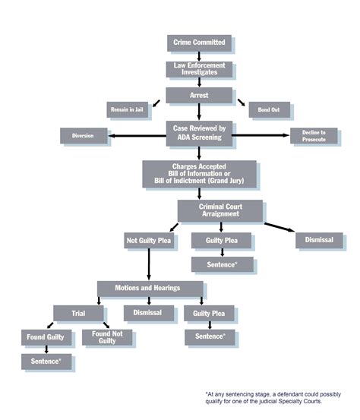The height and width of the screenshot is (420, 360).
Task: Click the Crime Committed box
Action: click(x=199, y=43)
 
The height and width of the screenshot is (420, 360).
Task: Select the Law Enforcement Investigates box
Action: click(x=199, y=70)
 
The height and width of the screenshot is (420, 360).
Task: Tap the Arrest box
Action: click(x=199, y=96)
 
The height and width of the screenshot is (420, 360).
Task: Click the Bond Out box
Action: click(x=269, y=110)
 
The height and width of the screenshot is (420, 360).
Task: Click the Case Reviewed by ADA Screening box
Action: click(x=199, y=132)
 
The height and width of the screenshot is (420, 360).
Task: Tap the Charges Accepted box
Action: click(x=199, y=174)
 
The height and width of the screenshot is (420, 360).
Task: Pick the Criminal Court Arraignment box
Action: click(x=220, y=210)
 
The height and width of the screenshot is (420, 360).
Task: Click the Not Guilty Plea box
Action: click(x=148, y=241)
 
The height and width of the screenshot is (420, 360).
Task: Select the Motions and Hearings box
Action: click(x=150, y=289)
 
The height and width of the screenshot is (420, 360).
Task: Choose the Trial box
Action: click(x=78, y=312)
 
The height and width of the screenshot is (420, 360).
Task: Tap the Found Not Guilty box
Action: click(x=107, y=337)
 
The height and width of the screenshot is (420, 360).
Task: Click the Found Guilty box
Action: click(x=47, y=336)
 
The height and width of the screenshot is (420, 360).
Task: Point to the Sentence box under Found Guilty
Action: click(x=47, y=362)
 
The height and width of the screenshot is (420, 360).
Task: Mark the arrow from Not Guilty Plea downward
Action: click(x=148, y=264)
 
